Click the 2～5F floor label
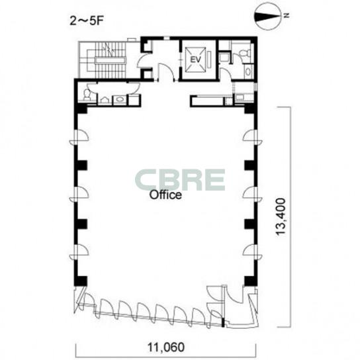click(x=87, y=21)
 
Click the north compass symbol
click(x=268, y=17)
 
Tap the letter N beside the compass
click(x=287, y=15)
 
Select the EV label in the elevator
click(x=196, y=60)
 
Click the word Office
click(x=165, y=195)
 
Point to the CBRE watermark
click(x=180, y=180)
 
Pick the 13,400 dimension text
click(x=281, y=217)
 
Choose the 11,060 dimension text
click(x=165, y=347)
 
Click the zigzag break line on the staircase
click(x=109, y=49)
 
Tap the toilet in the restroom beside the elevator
click(x=244, y=53)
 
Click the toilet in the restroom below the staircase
click(x=87, y=95)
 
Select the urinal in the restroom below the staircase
click(x=105, y=101)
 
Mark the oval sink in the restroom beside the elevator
click(x=248, y=71)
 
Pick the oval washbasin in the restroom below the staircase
click(x=120, y=99)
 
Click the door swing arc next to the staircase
click(x=142, y=60)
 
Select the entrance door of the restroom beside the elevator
click(x=226, y=73)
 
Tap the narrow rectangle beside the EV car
click(x=209, y=60)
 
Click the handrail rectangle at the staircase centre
click(x=111, y=60)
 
